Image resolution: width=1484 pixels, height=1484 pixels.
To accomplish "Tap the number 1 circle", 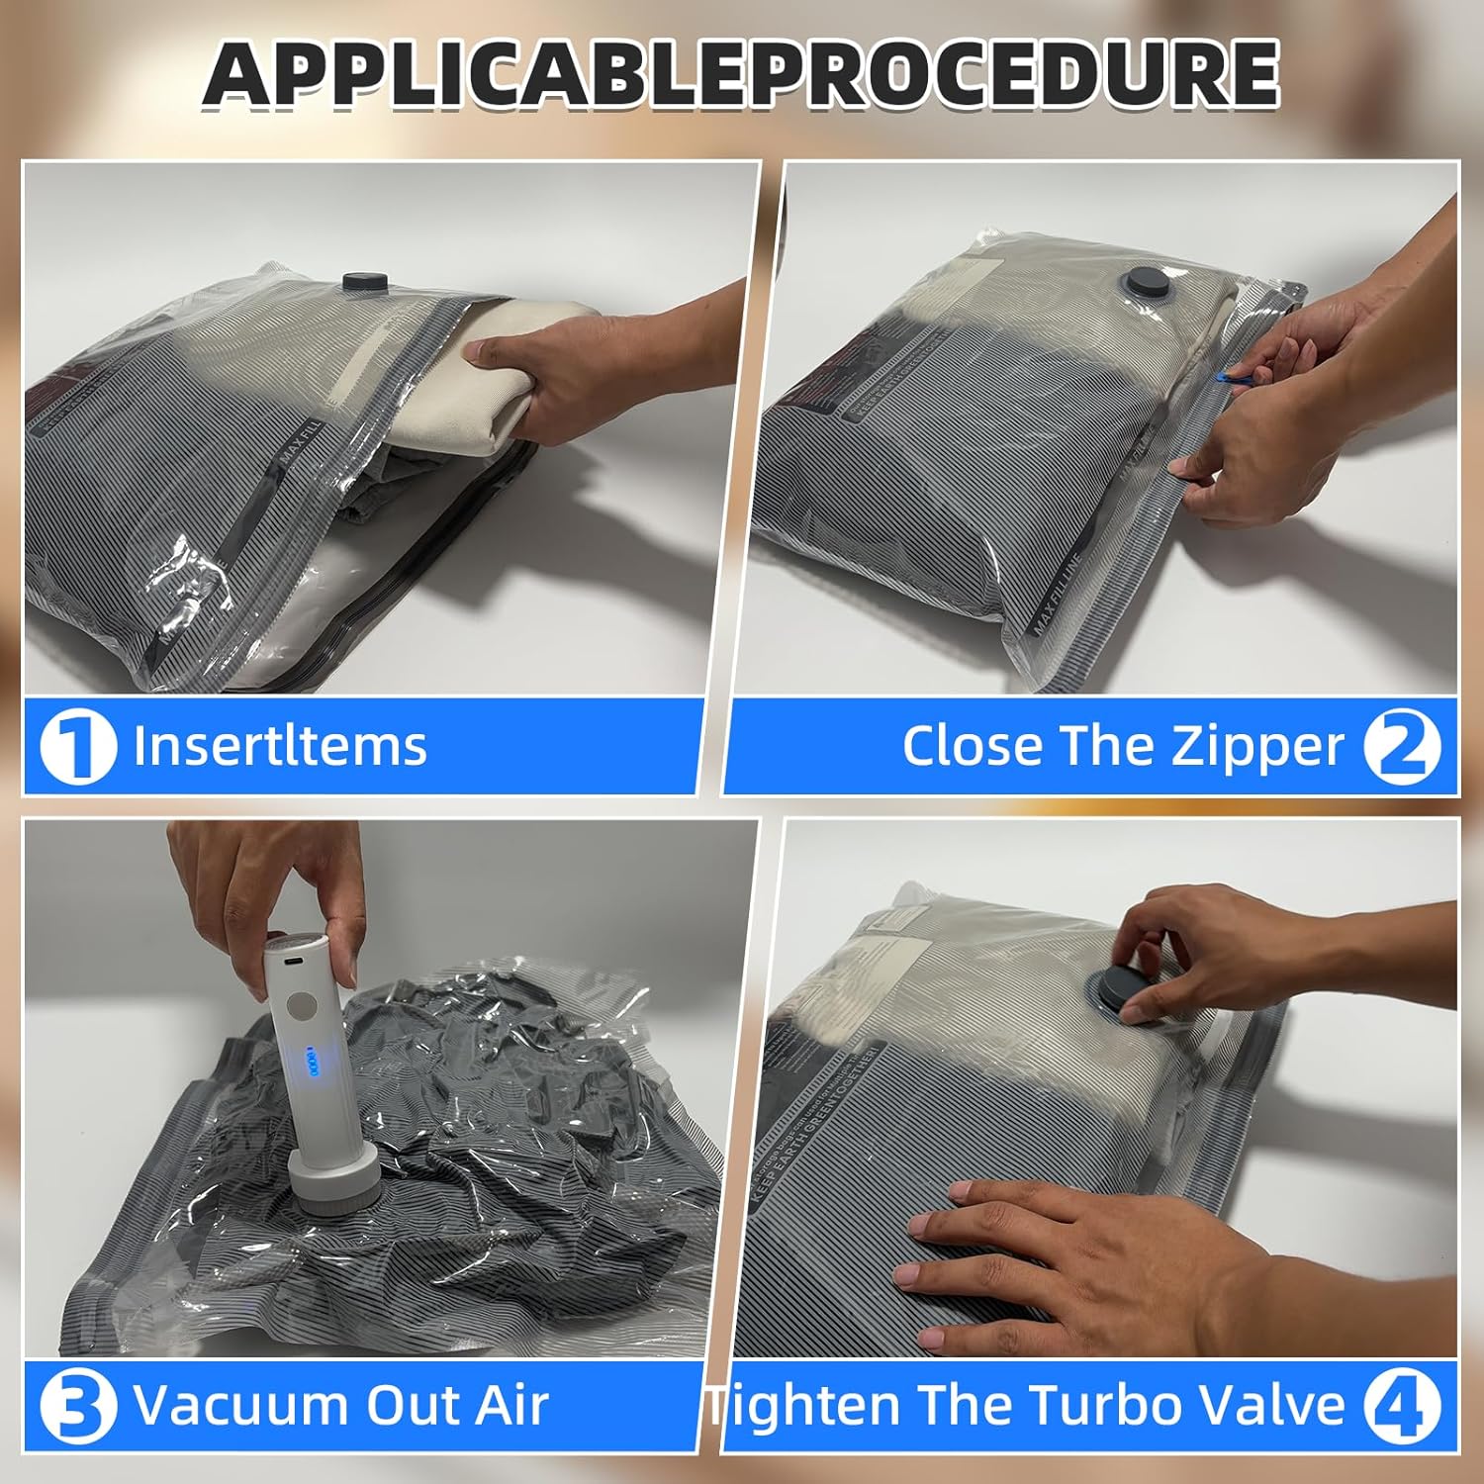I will [77, 747].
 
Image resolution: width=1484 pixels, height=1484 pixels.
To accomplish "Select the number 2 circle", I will [1402, 747].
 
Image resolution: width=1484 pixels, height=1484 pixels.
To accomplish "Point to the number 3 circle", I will [77, 1406].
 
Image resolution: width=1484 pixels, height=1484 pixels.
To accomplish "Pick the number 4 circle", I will [1402, 1406].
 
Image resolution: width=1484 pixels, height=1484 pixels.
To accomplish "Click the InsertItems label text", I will [280, 746].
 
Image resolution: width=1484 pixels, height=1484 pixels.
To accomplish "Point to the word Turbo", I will [1088, 1405].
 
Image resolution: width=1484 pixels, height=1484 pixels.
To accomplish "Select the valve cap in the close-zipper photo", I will [1148, 281].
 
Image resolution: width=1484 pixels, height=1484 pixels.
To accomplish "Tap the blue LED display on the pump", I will [313, 1066].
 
